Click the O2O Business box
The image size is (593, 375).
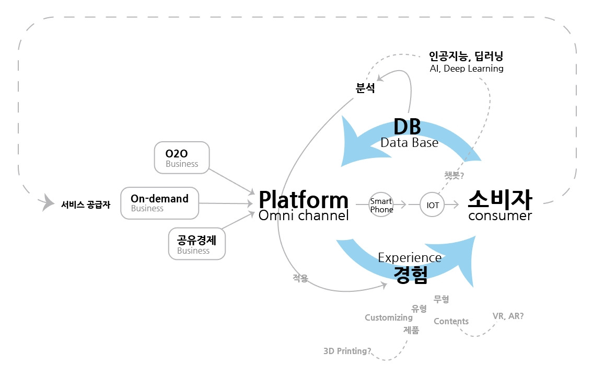[182, 157]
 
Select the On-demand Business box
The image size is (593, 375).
[159, 203]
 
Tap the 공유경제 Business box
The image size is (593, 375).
[197, 244]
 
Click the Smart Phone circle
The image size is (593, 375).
[381, 205]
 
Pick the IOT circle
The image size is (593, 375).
[433, 206]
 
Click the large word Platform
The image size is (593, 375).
[304, 200]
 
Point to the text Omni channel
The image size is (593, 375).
[304, 215]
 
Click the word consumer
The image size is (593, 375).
[500, 215]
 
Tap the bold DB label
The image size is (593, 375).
[407, 127]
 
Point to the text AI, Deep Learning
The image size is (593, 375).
[466, 69]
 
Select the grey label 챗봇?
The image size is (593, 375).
[455, 176]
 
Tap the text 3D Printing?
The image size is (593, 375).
[347, 351]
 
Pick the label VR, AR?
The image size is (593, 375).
[508, 316]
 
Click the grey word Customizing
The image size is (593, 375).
[388, 317]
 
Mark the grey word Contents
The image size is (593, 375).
[451, 321]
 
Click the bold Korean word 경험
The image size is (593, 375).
[410, 274]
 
